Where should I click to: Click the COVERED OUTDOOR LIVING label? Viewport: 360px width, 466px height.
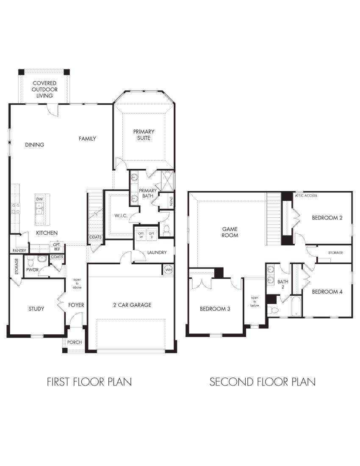[x=44, y=89]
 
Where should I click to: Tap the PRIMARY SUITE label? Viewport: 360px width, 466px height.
[x=144, y=135]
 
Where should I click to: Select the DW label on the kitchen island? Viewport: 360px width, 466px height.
[x=39, y=199]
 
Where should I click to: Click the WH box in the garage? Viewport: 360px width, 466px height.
[x=168, y=269]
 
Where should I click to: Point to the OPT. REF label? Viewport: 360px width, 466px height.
[x=56, y=247]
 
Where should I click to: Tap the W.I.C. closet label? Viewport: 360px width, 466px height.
[x=120, y=216]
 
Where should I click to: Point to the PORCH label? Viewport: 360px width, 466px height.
[x=75, y=342]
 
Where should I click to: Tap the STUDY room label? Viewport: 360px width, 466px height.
[x=36, y=309]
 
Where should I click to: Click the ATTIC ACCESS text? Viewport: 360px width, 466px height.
[x=306, y=196]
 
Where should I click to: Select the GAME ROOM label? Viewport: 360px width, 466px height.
[x=230, y=232]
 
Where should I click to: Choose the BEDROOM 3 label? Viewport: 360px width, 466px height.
[x=215, y=309]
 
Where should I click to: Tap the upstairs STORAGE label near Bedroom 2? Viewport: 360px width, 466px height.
[x=335, y=253]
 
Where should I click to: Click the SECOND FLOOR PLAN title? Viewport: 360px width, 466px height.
[x=262, y=382]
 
